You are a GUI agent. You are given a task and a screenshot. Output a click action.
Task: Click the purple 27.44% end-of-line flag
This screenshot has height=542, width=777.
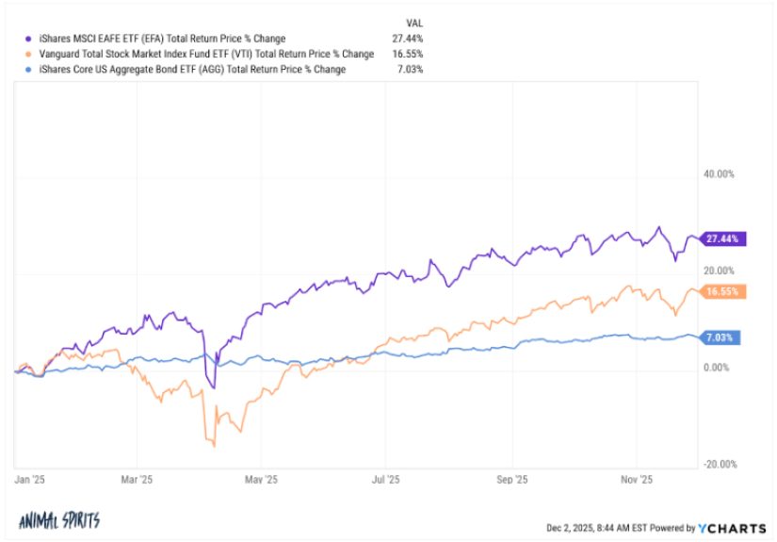coord(723,239)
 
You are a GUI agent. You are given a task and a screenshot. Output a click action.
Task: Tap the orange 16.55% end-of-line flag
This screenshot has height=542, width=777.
coord(723,291)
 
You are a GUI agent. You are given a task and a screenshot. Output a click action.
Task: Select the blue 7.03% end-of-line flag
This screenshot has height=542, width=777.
coord(720,337)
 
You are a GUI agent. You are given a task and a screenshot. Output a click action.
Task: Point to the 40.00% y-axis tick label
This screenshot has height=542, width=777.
coord(719,174)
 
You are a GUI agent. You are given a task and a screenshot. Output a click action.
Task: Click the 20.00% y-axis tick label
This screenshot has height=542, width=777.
coord(719,271)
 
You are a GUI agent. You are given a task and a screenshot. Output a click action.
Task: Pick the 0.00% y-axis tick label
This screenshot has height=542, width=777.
coord(717,368)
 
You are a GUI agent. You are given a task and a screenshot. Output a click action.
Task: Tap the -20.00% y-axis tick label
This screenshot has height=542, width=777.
coord(720,464)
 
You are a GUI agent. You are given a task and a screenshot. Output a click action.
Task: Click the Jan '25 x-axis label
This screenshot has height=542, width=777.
coord(30,480)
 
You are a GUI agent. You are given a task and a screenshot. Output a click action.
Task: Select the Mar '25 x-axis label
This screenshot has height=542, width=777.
coord(137,480)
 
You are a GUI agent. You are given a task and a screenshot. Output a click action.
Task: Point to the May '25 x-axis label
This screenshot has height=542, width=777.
coord(261,480)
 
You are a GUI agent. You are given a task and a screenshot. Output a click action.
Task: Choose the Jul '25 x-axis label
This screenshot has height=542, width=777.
coord(385,480)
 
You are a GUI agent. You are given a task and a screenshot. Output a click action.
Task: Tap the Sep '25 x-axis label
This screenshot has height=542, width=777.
coord(512,480)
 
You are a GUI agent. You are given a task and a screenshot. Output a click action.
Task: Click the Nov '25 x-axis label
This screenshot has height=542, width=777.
coord(637,480)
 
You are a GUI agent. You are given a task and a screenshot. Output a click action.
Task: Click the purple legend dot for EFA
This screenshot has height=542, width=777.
coord(28,39)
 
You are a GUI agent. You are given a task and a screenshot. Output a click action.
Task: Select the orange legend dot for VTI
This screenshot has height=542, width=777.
coord(28,54)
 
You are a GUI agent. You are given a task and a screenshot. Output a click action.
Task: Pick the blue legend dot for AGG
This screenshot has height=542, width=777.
coord(28,70)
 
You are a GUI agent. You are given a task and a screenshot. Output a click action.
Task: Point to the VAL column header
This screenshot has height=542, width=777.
coord(414,24)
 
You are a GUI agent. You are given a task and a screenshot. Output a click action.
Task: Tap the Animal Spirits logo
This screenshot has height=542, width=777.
coord(59,520)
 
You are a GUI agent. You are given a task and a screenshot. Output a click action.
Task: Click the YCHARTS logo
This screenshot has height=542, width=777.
coord(732,529)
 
